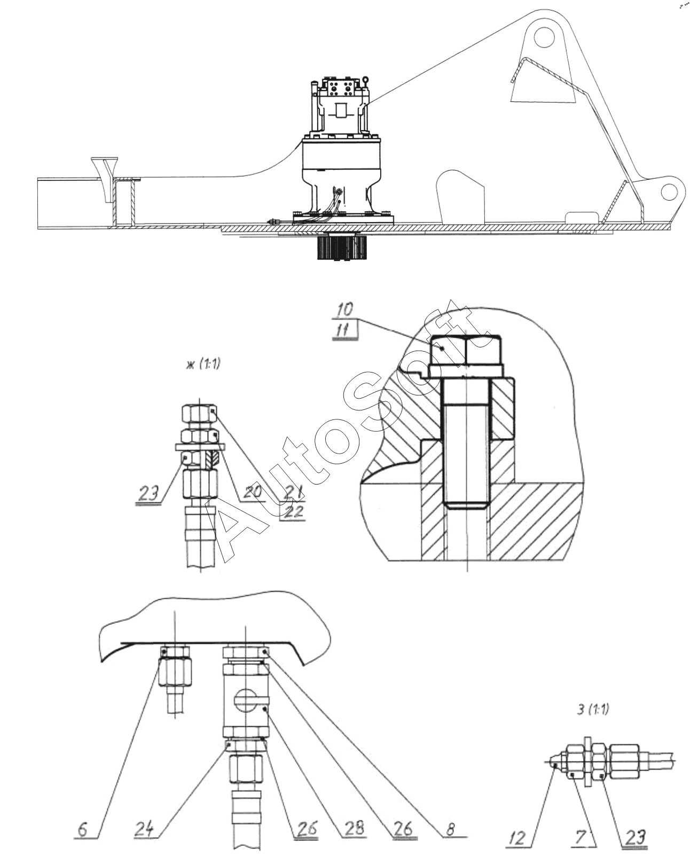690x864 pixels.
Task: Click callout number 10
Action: coord(345,310)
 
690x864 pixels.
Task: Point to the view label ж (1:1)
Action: coord(202,364)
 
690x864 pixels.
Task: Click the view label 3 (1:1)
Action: coord(592,709)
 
